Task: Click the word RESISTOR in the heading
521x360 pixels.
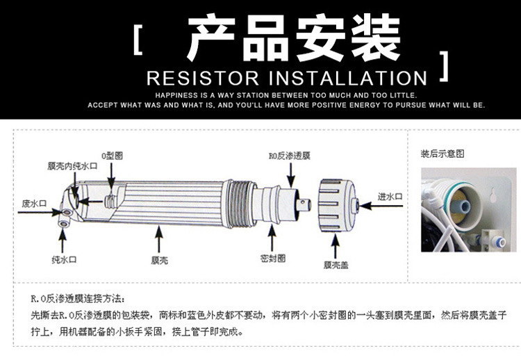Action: (203, 79)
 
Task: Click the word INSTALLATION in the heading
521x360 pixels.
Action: (348, 79)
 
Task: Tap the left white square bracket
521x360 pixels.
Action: (138, 40)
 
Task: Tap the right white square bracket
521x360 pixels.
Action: (444, 66)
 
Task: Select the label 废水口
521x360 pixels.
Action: (34, 204)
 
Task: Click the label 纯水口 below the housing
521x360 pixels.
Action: (64, 260)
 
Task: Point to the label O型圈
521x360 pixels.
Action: (112, 156)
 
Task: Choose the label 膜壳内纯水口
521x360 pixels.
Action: (72, 166)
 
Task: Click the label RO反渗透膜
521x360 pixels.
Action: (290, 156)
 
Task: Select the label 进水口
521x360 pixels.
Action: (390, 197)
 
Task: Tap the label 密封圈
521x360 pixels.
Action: (273, 259)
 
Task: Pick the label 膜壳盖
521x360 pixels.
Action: (336, 265)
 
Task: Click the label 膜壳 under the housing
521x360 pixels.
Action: (160, 261)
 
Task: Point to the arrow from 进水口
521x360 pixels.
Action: (381, 206)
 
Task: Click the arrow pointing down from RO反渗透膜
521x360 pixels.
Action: (291, 175)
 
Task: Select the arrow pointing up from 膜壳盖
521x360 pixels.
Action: (336, 246)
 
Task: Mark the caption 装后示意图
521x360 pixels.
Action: (443, 154)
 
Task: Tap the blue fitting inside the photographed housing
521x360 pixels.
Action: (461, 206)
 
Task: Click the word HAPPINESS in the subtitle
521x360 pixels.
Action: (176, 95)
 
